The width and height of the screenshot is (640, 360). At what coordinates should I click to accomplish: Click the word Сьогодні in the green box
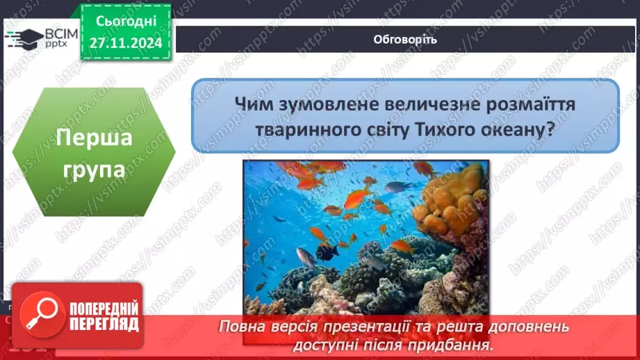point(126,22)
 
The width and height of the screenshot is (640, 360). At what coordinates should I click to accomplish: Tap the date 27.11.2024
point(126,42)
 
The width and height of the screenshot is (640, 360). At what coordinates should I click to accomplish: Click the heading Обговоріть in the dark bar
point(405,40)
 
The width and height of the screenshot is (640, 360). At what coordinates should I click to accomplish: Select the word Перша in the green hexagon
point(95,138)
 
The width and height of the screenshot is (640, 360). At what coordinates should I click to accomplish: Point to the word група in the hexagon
point(94,170)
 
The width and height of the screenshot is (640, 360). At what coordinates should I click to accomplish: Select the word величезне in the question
point(432,104)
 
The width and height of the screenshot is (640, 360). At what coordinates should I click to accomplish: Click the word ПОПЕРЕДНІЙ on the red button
point(104,309)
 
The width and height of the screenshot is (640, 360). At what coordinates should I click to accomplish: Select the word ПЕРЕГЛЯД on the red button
point(104,325)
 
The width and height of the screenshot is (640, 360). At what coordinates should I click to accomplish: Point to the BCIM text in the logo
point(61,34)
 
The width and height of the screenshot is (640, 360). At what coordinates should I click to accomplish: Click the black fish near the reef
point(328,252)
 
